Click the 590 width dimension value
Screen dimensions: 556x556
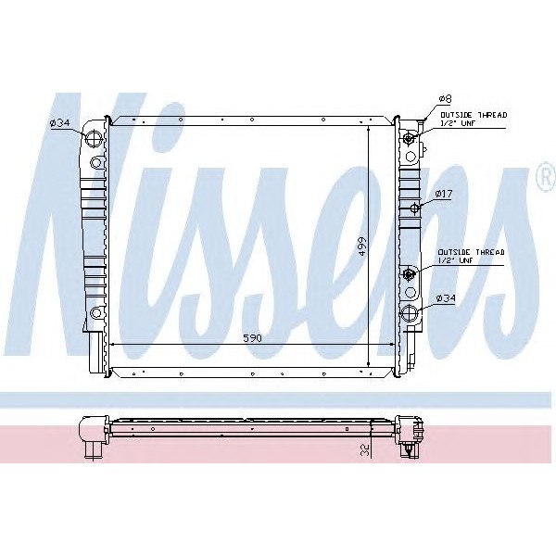point(252,337)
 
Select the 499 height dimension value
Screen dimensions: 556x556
point(362,246)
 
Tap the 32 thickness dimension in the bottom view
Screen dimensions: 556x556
point(365,451)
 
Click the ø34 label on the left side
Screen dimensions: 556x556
point(60,122)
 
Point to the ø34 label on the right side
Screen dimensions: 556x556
point(446,297)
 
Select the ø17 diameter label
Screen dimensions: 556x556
point(445,194)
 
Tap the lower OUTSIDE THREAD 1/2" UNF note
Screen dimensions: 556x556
point(472,256)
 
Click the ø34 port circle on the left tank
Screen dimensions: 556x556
point(94,140)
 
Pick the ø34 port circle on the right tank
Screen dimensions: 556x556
point(409,314)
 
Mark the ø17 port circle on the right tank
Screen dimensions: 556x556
point(414,207)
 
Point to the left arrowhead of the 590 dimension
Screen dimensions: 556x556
point(113,345)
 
